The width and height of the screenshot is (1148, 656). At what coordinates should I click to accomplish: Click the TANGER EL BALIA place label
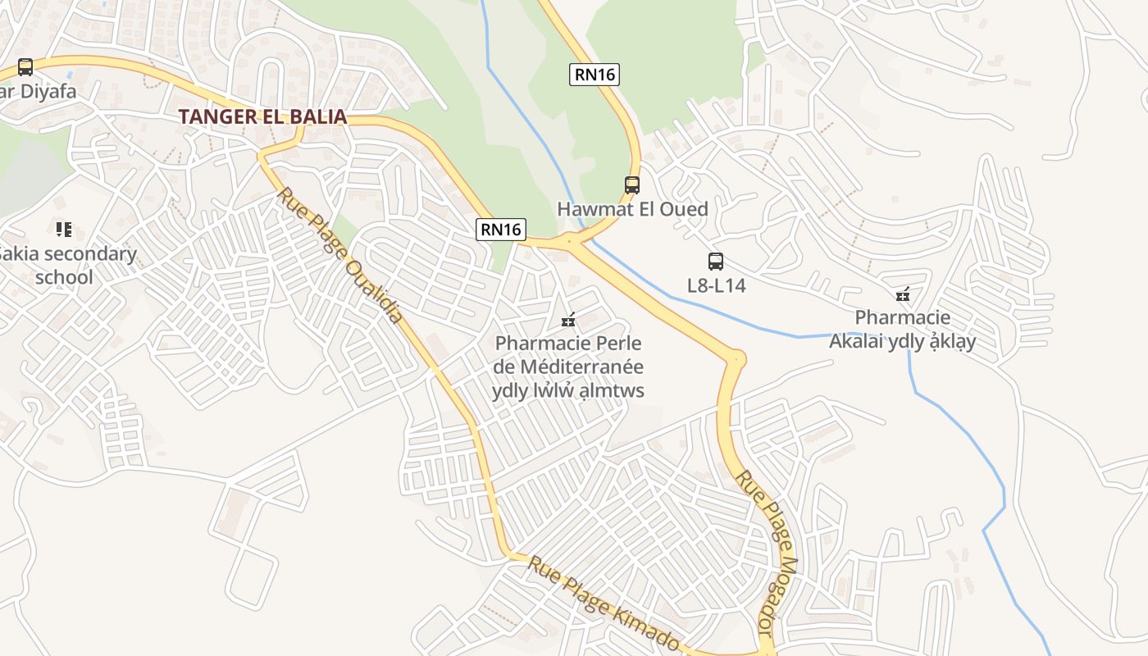click(x=262, y=116)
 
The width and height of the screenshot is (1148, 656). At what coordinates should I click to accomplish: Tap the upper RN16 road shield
click(x=594, y=75)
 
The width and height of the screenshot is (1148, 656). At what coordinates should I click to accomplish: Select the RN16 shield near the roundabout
click(x=500, y=230)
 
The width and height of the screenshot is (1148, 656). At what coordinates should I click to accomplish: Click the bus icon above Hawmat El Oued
click(x=631, y=184)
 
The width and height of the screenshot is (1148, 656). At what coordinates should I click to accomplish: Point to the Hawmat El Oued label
click(x=632, y=209)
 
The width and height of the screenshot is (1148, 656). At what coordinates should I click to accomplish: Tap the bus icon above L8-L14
click(x=716, y=262)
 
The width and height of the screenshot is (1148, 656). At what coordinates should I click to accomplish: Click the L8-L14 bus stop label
click(x=716, y=286)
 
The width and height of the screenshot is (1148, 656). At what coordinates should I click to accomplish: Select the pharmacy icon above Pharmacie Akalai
click(x=903, y=294)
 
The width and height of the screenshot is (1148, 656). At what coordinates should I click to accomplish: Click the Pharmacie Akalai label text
click(x=902, y=329)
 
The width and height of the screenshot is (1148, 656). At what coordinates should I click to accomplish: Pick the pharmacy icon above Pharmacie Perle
click(x=567, y=320)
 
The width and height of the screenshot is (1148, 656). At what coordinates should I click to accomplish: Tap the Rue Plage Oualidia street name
click(x=340, y=255)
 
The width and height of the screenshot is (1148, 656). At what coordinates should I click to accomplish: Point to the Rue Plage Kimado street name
click(x=603, y=603)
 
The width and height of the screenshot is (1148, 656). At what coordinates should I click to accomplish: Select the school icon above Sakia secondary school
click(x=64, y=229)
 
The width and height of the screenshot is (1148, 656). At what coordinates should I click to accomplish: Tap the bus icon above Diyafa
click(x=25, y=66)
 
